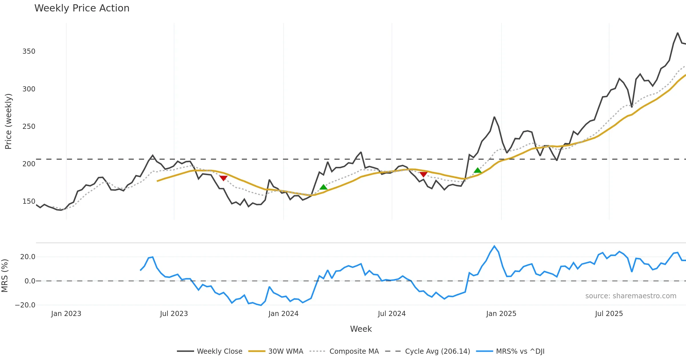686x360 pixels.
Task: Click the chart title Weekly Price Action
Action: click(x=82, y=8)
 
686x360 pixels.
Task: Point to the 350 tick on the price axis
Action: click(x=29, y=51)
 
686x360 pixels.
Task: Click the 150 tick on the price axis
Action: click(x=29, y=201)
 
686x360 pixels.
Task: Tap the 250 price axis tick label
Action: click(x=29, y=127)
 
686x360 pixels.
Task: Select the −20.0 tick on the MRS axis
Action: click(x=25, y=305)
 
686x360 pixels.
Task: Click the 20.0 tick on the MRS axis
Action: click(x=28, y=257)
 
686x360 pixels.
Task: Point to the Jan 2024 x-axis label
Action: click(x=283, y=314)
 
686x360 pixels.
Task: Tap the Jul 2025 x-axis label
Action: click(x=609, y=314)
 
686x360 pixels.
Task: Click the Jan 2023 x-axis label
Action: click(x=66, y=314)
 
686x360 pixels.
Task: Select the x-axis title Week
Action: click(x=361, y=329)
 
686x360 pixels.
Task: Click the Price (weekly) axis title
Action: click(x=8, y=121)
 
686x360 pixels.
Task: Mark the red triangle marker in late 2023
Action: click(x=223, y=178)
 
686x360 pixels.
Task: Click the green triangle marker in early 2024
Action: click(x=323, y=187)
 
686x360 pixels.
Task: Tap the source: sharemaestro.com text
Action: click(x=631, y=296)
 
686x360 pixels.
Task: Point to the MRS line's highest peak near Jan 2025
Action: click(x=494, y=246)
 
